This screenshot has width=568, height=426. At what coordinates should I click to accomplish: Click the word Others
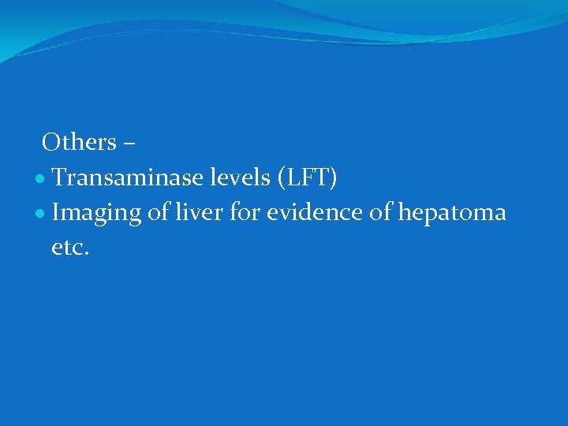80,143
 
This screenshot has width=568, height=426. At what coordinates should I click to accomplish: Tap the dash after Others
130,145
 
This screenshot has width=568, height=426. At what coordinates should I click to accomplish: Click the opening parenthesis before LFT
281,180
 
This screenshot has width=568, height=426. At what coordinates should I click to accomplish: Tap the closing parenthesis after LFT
334,180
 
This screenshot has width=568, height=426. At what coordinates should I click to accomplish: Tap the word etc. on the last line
70,248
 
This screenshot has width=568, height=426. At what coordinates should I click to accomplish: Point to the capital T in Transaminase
59,179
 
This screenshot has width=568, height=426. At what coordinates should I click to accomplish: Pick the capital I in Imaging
56,213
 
